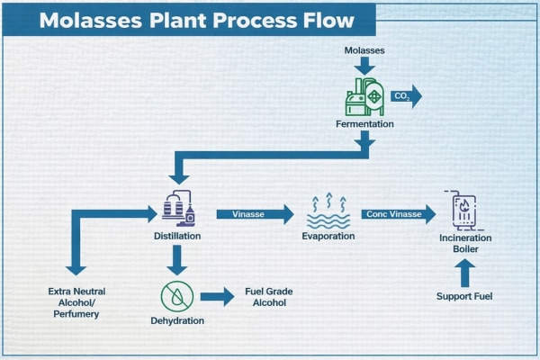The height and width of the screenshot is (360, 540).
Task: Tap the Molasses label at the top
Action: [364, 51]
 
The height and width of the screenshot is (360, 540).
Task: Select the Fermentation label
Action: [364, 124]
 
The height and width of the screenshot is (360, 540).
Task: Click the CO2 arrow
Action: [406, 97]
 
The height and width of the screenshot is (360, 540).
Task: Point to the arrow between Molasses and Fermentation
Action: [364, 67]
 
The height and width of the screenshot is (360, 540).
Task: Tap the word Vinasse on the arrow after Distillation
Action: [247, 214]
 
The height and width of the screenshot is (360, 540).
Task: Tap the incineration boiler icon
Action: [463, 212]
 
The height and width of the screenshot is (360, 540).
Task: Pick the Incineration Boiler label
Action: [463, 243]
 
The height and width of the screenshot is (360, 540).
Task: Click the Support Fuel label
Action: [463, 296]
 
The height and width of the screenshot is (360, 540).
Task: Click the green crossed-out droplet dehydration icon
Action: [176, 295]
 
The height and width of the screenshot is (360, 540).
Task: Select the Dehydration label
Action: [176, 320]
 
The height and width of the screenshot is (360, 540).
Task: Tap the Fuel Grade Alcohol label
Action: [269, 297]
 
